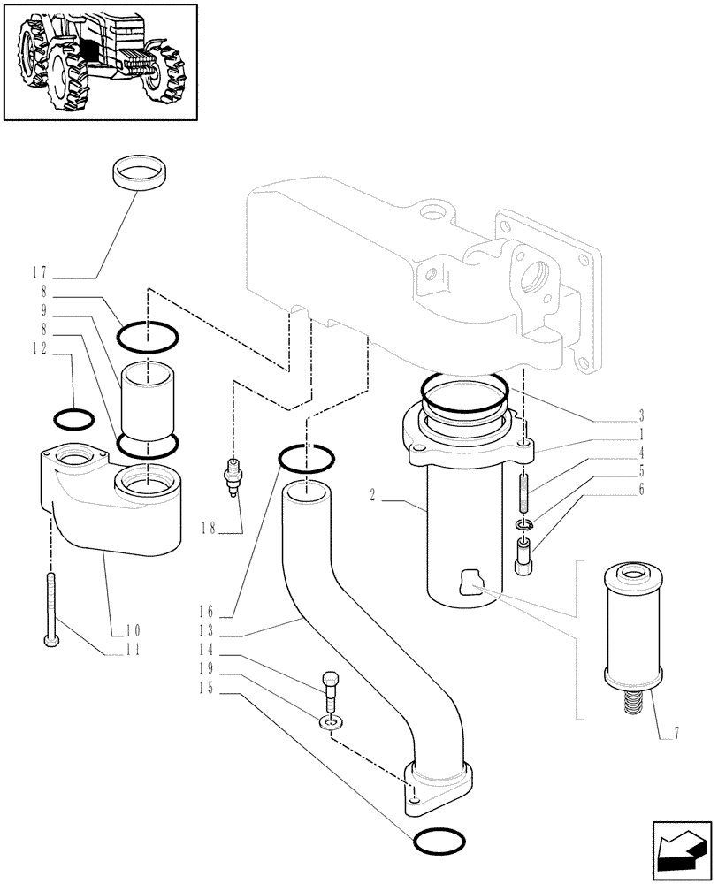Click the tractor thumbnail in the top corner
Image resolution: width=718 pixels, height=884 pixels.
coord(99,62)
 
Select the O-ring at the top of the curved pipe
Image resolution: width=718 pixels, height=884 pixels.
coord(306,458)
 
